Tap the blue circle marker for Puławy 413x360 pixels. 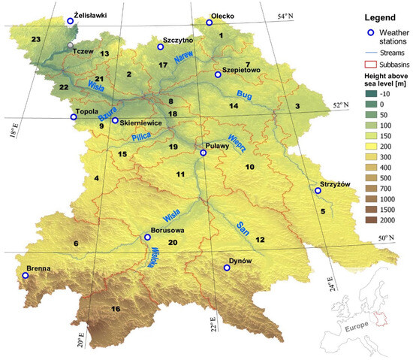click(203, 153)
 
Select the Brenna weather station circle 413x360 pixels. click(26, 276)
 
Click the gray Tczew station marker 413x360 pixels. click(71, 46)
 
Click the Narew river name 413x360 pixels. click(184, 59)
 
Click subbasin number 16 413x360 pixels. click(115, 309)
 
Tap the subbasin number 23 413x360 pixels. click(35, 38)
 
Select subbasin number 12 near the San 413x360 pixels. click(260, 239)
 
